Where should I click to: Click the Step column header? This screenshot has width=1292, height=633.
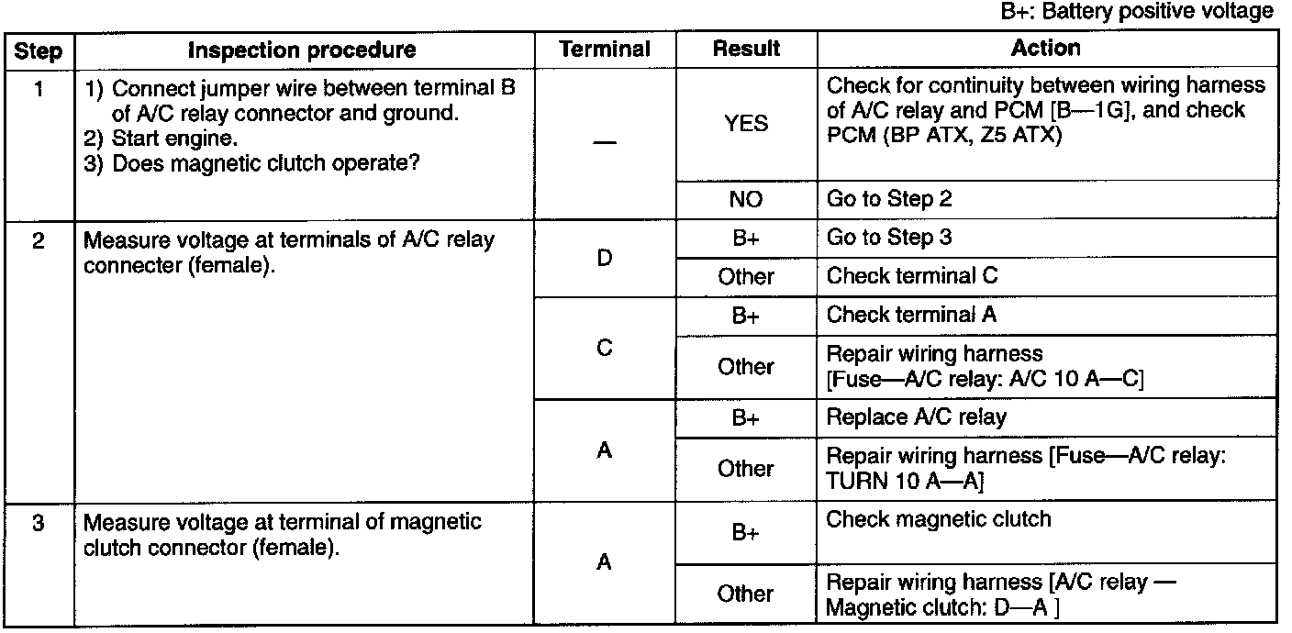click(39, 50)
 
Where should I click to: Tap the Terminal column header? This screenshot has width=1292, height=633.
click(605, 50)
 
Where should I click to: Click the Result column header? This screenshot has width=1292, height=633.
click(746, 49)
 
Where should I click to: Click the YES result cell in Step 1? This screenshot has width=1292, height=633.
click(746, 123)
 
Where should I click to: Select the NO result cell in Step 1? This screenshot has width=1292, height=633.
click(746, 199)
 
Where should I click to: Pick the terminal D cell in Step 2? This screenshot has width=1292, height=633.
click(604, 258)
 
